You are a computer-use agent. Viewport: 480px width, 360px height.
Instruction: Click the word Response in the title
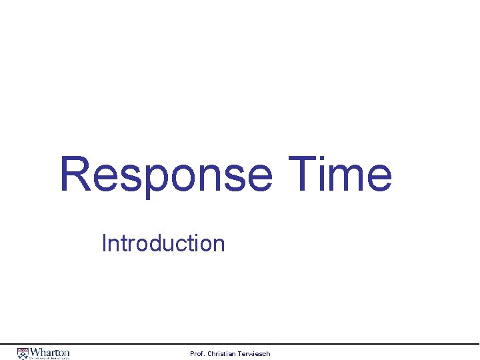tap(165, 175)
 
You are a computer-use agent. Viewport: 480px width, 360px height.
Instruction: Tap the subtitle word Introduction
tap(163, 243)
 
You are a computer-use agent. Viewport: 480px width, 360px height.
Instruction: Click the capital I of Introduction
tap(104, 243)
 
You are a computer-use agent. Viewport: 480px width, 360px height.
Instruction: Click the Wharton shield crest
tap(23, 353)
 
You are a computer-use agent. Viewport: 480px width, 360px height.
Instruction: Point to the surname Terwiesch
tap(256, 353)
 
